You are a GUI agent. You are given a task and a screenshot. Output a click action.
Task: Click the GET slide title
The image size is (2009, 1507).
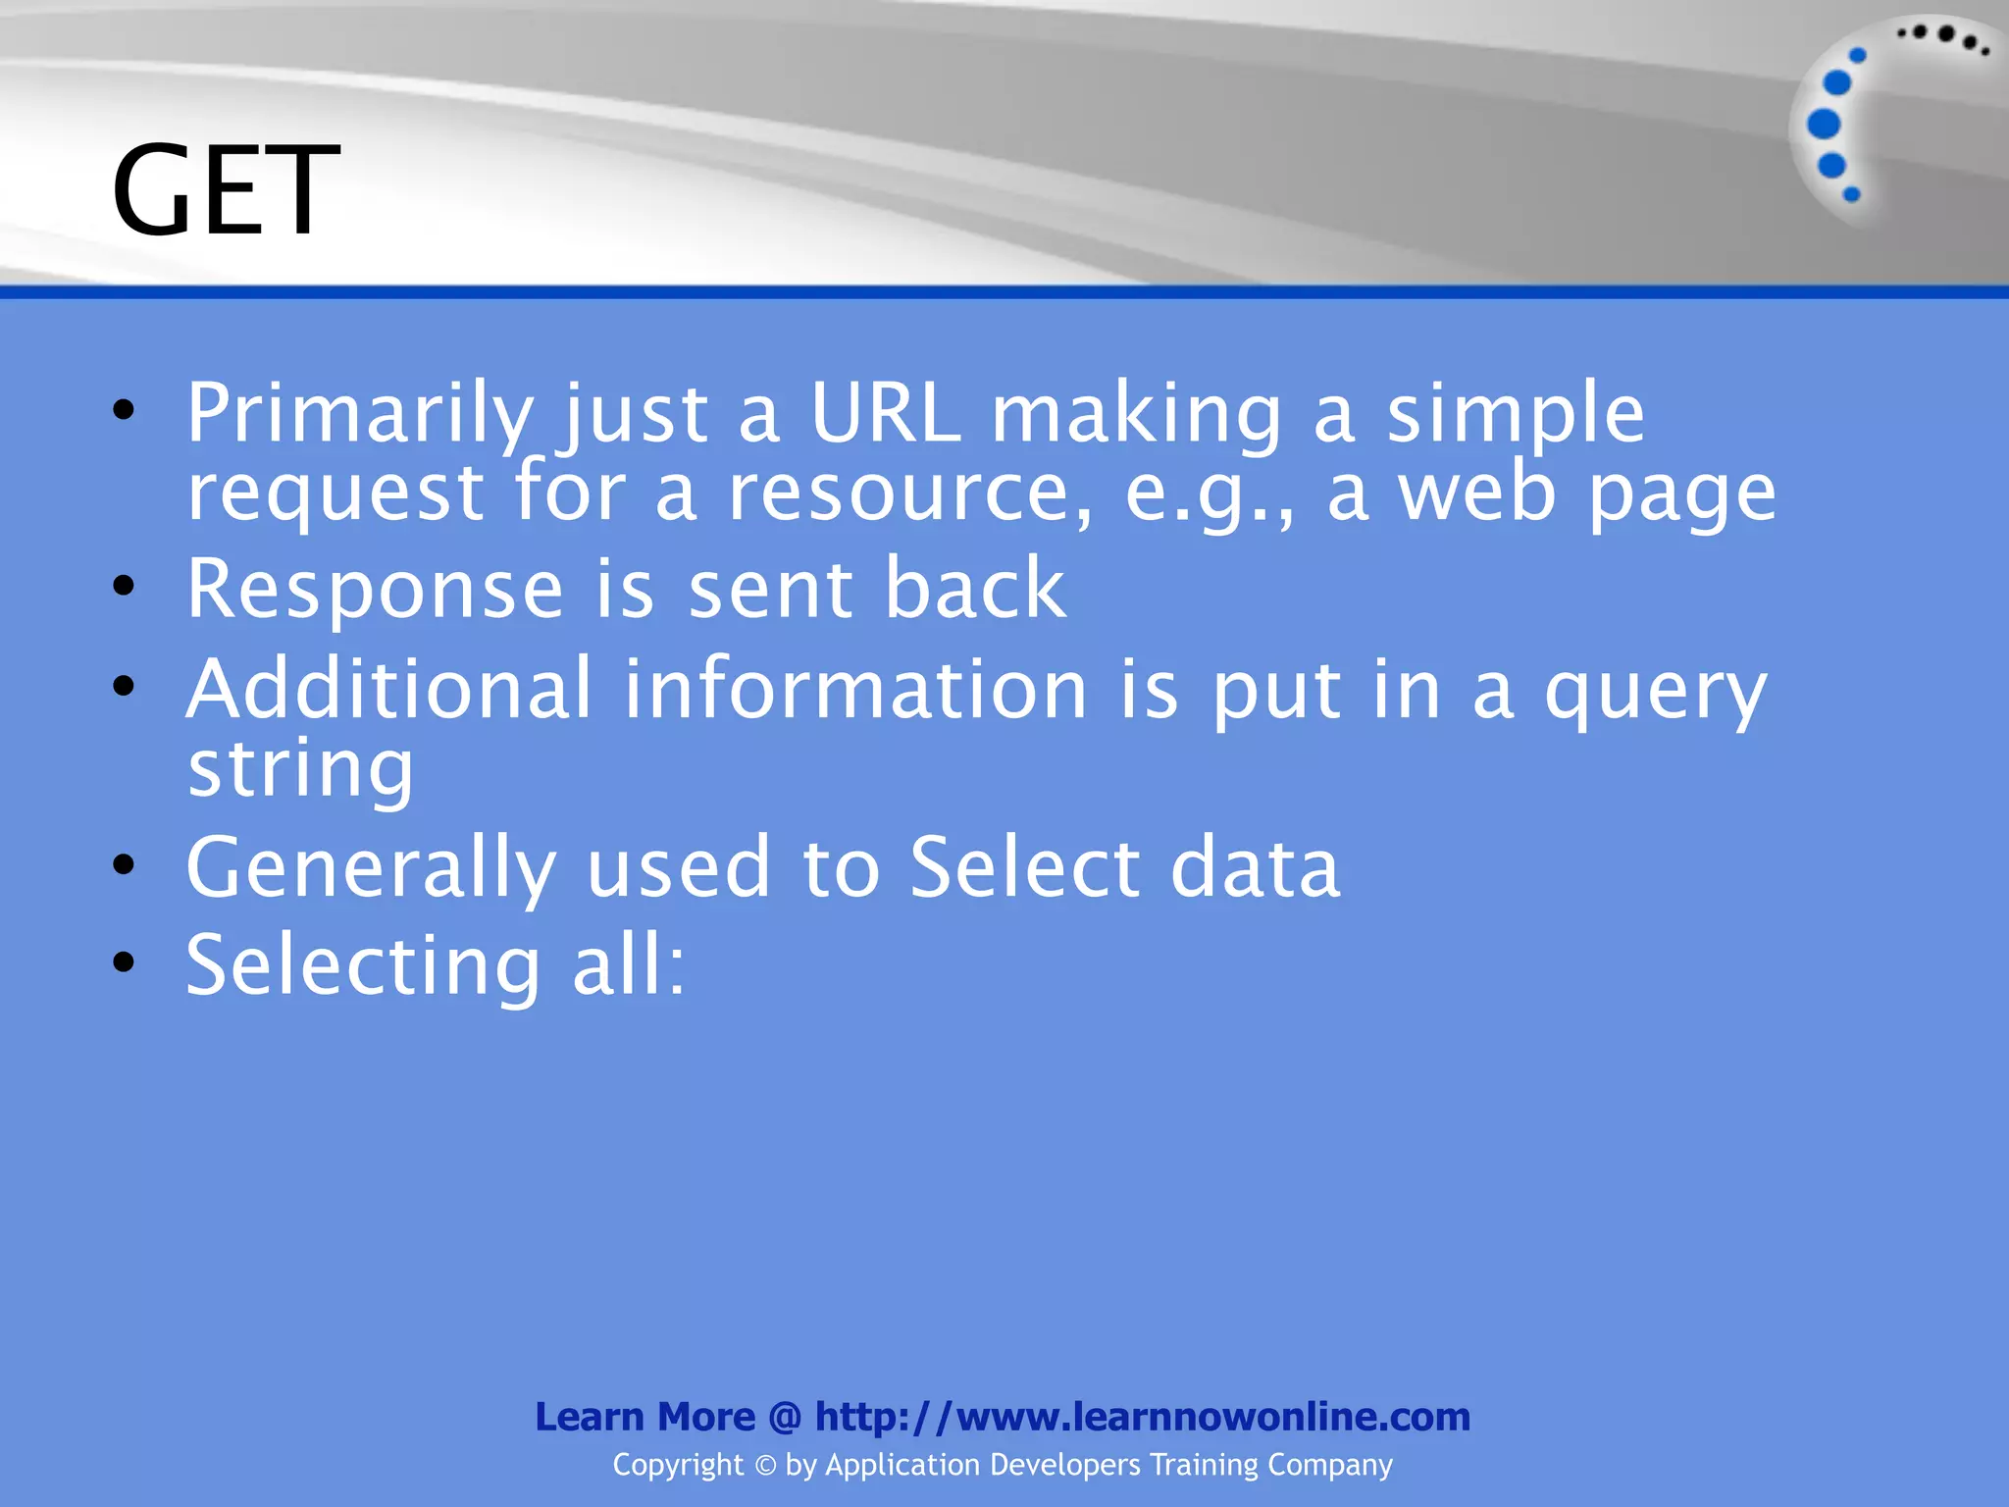pos(226,189)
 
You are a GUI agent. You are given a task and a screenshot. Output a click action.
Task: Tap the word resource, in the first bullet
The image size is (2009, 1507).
pos(909,494)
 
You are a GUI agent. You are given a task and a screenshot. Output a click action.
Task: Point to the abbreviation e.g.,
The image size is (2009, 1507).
pos(1210,494)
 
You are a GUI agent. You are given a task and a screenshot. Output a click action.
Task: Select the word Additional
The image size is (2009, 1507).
pos(389,689)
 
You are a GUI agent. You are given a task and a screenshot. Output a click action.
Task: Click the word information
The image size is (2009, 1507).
pos(855,689)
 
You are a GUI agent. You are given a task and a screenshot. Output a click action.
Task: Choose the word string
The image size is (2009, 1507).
pos(300,771)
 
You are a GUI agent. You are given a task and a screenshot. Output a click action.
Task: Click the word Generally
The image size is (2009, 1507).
pos(371,869)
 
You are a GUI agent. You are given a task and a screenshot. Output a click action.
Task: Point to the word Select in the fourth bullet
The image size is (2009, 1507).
pos(1025,867)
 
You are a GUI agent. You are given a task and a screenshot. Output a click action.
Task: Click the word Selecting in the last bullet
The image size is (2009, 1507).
pos(363,967)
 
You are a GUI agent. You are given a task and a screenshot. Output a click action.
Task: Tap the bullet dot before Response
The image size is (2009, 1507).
pos(124,587)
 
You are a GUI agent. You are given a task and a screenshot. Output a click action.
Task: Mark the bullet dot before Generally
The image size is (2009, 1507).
pos(124,865)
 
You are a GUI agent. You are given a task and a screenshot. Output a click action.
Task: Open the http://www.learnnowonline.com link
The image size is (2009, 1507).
pos(1143,1417)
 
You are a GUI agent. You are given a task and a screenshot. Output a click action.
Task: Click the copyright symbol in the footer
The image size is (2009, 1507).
pos(765,1465)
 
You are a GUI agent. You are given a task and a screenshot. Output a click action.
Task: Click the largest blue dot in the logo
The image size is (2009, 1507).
pos(1824,125)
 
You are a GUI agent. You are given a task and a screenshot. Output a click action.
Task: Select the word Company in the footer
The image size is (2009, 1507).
pos(1329,1465)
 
